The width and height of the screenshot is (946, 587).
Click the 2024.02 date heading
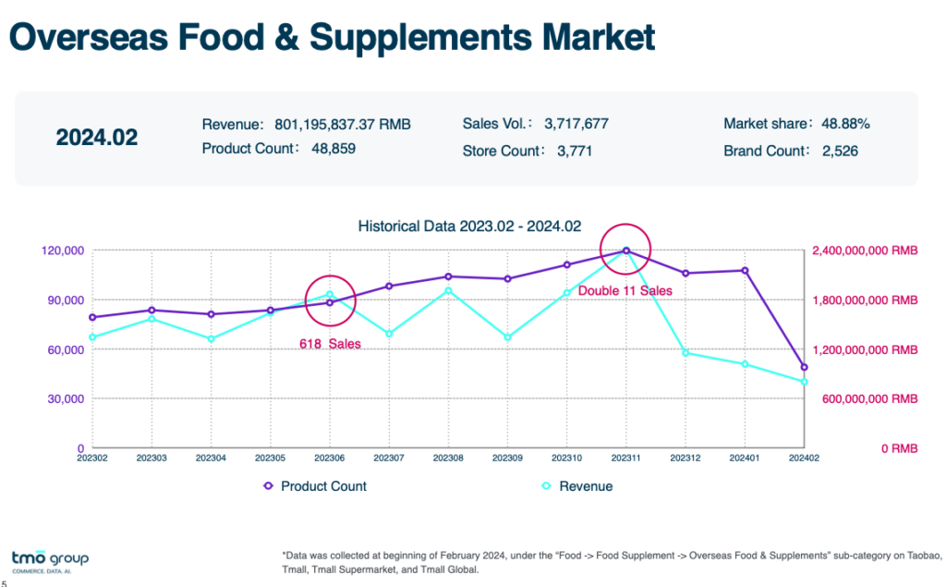point(97,138)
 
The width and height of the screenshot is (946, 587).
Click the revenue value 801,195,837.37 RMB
point(343,124)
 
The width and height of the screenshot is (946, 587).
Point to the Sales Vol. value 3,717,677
point(576,124)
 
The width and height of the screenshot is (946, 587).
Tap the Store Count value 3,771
point(575,151)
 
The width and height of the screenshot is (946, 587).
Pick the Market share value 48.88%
point(840,124)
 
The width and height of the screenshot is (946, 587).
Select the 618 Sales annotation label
point(330,344)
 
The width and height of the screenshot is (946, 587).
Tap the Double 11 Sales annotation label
point(625,291)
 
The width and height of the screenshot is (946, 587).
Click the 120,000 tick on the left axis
point(62,251)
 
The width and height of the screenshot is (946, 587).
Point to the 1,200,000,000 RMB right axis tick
point(864,350)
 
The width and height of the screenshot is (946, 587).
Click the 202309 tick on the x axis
point(507,457)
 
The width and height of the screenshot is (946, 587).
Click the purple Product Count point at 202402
point(804,367)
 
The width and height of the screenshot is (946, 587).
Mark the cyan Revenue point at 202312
point(685,353)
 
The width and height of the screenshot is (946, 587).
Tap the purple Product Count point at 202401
point(745,271)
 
